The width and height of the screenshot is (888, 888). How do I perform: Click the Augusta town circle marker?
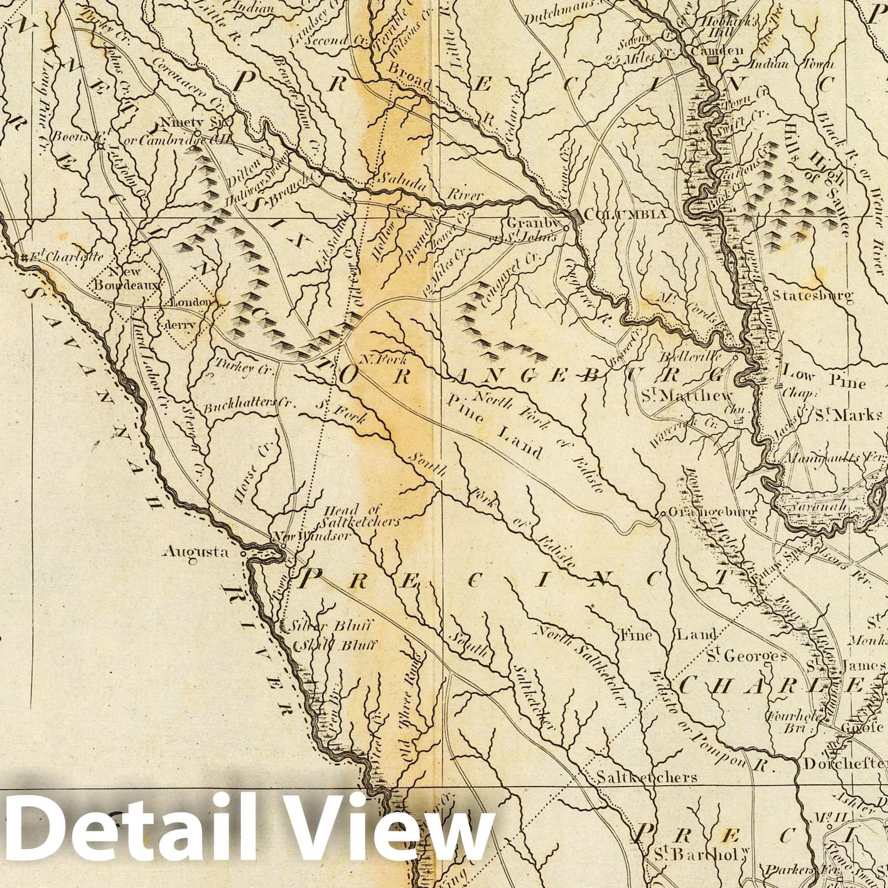pos(243,554)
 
